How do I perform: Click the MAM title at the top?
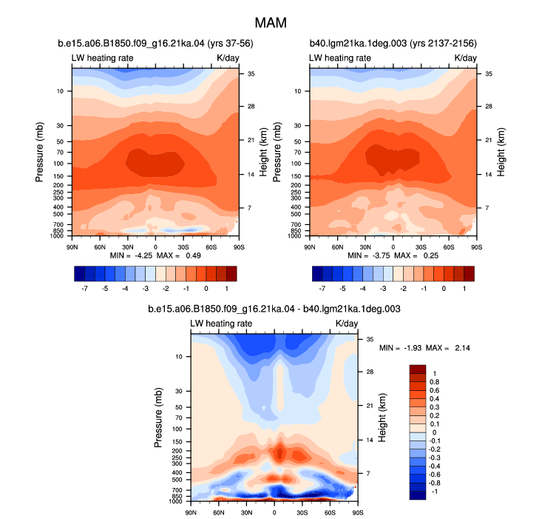tap(271, 23)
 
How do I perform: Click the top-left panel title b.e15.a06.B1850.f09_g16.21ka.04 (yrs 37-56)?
tap(155, 43)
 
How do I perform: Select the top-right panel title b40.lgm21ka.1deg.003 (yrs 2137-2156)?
tap(393, 43)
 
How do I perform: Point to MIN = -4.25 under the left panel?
tap(131, 255)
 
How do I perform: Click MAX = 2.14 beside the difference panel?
tap(448, 348)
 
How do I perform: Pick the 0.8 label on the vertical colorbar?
tap(434, 382)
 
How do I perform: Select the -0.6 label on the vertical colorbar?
tap(434, 475)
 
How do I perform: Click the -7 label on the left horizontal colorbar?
tap(84, 289)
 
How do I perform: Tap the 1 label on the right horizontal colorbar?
tap(464, 289)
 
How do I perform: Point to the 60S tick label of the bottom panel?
tap(330, 512)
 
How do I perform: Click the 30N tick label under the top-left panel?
tap(127, 247)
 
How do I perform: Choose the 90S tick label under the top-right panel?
tap(477, 247)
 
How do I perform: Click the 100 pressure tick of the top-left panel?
tap(58, 164)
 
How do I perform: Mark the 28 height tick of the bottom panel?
tap(370, 372)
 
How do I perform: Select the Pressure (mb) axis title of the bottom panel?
tap(158, 418)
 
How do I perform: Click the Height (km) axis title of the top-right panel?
tap(501, 153)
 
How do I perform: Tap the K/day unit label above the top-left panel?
tap(228, 58)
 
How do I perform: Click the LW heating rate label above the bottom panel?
tap(221, 324)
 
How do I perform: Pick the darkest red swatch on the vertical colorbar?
tap(418, 369)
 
